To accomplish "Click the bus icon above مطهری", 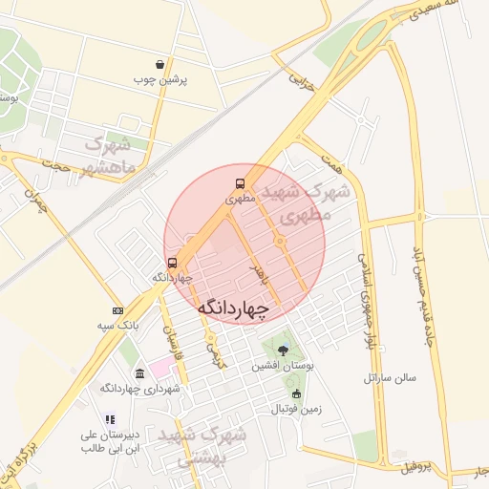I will coord(240,184).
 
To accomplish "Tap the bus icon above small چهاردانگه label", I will coord(172,263).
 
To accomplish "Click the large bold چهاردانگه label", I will coord(234,308).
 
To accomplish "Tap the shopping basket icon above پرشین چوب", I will coord(160,65).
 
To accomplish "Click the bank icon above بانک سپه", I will coord(117,310).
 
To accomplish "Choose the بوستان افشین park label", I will coord(284,366).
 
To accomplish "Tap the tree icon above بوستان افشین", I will coord(282,351).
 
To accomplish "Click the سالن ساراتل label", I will coord(390,377).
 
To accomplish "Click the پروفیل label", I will coord(416,467).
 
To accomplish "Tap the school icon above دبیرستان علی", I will coord(110,419).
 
